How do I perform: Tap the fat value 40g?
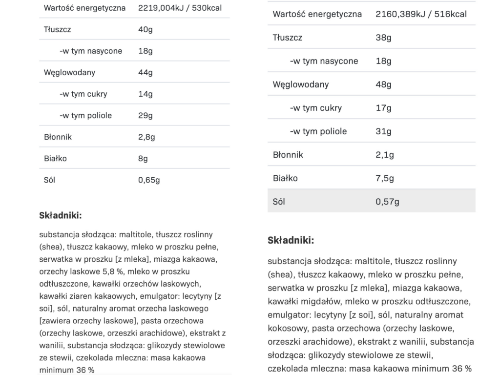click(x=146, y=29)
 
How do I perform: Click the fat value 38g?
click(x=383, y=38)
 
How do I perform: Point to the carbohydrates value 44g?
click(x=146, y=72)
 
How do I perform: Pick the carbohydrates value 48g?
click(x=383, y=84)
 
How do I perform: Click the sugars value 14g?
click(x=146, y=94)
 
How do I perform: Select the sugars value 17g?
click(x=383, y=108)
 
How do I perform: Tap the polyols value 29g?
click(x=146, y=115)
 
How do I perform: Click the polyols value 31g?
click(x=383, y=131)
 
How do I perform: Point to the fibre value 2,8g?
click(x=146, y=137)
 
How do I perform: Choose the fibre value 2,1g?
click(x=385, y=155)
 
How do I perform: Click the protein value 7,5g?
click(x=385, y=178)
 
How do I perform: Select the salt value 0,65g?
click(x=149, y=180)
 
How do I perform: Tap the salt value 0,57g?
click(x=387, y=202)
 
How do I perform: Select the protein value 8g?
click(x=143, y=158)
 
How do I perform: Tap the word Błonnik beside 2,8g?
click(x=58, y=137)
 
